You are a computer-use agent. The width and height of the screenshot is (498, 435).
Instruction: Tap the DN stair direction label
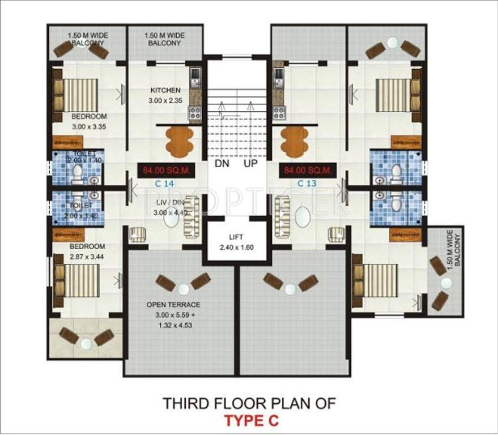tap(221, 164)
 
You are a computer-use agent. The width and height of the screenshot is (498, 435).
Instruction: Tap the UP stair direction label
tap(251, 164)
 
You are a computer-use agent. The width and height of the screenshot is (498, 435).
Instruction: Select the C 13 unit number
tap(306, 183)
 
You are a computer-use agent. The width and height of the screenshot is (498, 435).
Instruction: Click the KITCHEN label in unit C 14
tap(165, 91)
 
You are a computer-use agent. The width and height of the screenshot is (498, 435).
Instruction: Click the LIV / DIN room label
tap(169, 203)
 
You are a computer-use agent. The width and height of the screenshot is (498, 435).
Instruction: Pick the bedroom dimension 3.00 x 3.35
tap(89, 127)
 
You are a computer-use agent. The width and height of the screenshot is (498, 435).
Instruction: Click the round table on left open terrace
tap(182, 289)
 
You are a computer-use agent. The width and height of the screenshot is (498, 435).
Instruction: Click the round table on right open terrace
tap(291, 289)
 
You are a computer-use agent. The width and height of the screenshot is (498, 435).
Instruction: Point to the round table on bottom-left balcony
tap(86, 343)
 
